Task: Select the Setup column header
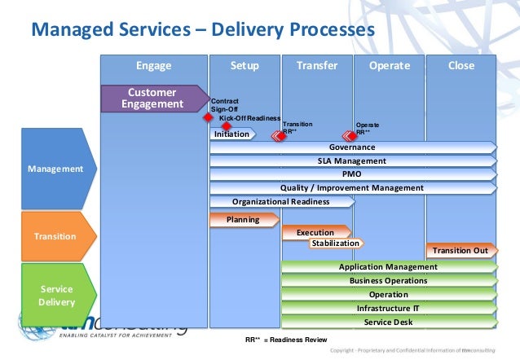245,66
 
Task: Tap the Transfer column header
317,66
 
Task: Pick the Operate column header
389,66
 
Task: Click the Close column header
461,66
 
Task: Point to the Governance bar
352,147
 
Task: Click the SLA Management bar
352,161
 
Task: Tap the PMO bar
352,174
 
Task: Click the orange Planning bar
244,219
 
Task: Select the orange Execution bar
315,233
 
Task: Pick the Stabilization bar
335,243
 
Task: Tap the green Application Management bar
388,267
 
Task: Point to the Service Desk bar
388,323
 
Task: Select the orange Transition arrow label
55,236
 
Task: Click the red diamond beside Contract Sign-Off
208,116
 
